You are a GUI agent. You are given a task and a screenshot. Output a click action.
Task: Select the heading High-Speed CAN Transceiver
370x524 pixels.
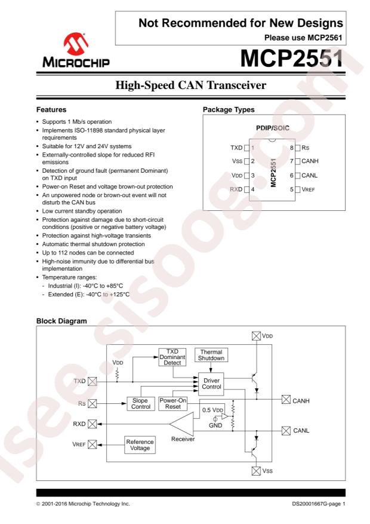185,88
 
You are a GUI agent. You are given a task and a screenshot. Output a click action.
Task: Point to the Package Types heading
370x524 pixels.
230,110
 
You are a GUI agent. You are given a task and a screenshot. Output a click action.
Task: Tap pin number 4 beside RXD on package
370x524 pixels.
252,189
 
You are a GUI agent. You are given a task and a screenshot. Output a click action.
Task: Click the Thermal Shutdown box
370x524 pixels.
212,355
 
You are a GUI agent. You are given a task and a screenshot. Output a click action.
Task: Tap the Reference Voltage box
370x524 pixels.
140,445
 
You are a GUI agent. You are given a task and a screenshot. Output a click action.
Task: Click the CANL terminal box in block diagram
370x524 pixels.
286,431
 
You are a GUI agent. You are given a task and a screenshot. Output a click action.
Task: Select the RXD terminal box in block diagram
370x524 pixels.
92,424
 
